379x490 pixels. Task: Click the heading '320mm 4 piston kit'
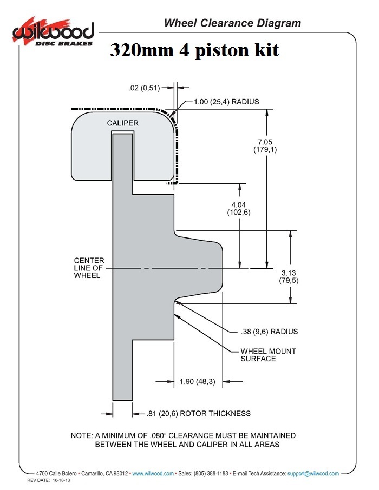194,50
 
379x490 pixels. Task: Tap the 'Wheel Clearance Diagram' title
232,23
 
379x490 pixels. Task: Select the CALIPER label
123,123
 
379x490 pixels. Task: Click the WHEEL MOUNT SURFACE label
268,355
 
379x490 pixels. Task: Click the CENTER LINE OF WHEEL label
89,268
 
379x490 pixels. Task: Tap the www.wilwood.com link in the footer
153,473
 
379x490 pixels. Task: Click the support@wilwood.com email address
313,473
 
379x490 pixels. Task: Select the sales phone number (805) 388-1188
211,473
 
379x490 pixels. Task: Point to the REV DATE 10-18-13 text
49,480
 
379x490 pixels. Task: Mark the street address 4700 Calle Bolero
56,473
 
